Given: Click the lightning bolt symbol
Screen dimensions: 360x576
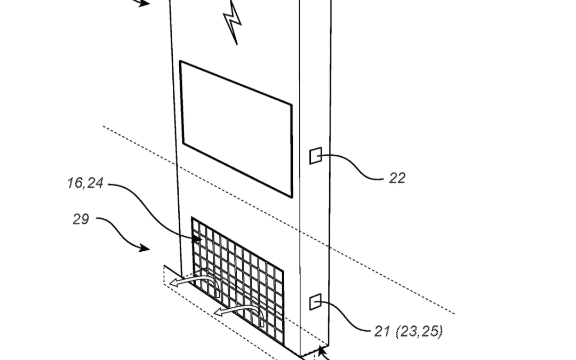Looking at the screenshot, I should coord(233,21).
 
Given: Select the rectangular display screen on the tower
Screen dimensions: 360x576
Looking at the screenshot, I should coord(236,128).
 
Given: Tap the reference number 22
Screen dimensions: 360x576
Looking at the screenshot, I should coord(396,178).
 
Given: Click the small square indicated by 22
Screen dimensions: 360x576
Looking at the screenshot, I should coord(315,156).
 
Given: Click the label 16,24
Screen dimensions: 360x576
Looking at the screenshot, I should coord(85,184).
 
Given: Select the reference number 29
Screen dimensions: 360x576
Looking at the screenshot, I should coord(81,219).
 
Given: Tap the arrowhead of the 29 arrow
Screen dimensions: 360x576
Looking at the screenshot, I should coord(145,248).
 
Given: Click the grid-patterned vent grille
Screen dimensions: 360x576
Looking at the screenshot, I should coord(237,277).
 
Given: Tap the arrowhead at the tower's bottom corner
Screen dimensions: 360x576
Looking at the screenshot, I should coord(321,350).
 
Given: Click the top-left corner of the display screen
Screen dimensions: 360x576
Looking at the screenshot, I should coord(180,62).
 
